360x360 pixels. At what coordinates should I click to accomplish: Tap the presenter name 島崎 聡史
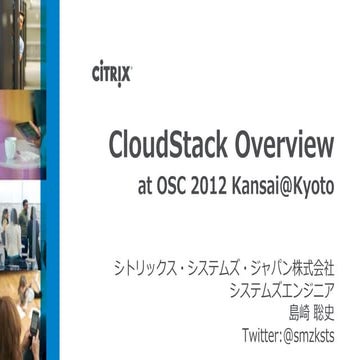click(x=310, y=312)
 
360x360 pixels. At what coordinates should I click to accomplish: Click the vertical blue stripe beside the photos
click(x=51, y=180)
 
